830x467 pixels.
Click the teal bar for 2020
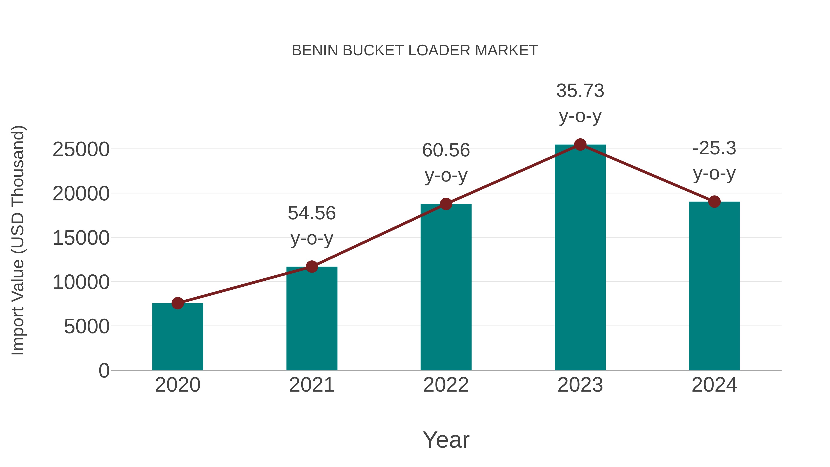[178, 336]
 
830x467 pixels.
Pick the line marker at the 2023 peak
[580, 145]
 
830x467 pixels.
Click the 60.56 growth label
[446, 163]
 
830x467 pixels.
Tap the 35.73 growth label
[580, 103]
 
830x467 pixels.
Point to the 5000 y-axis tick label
[87, 327]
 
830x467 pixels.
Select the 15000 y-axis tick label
[81, 238]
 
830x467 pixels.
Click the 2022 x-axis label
[446, 385]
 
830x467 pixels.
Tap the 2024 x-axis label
[714, 385]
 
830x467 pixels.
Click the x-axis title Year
[446, 440]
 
